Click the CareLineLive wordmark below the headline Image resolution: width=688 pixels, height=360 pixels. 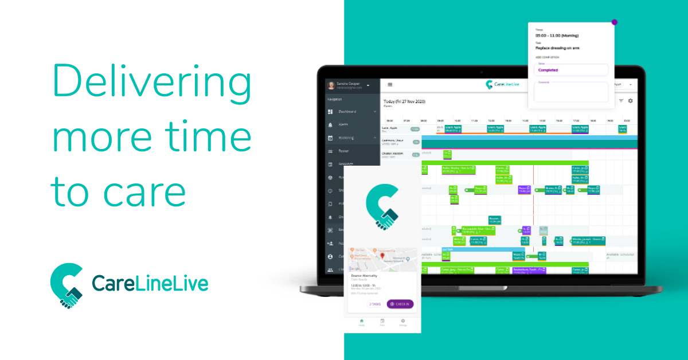point(150,284)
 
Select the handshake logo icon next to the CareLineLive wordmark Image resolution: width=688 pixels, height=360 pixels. point(67,285)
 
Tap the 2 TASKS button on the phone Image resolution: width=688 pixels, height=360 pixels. point(374,304)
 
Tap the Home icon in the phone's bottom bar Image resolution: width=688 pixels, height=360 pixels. point(361,322)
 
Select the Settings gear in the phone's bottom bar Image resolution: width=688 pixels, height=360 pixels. point(402,322)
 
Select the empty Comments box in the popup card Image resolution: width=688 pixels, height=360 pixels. point(570,93)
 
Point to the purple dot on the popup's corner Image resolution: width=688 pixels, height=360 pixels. point(615,22)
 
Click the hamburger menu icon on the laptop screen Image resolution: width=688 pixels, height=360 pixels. point(390,84)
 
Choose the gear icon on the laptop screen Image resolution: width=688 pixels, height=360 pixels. point(630,101)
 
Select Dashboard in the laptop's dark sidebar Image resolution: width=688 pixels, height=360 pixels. point(347,111)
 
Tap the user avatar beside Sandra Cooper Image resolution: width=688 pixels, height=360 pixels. point(331,85)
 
